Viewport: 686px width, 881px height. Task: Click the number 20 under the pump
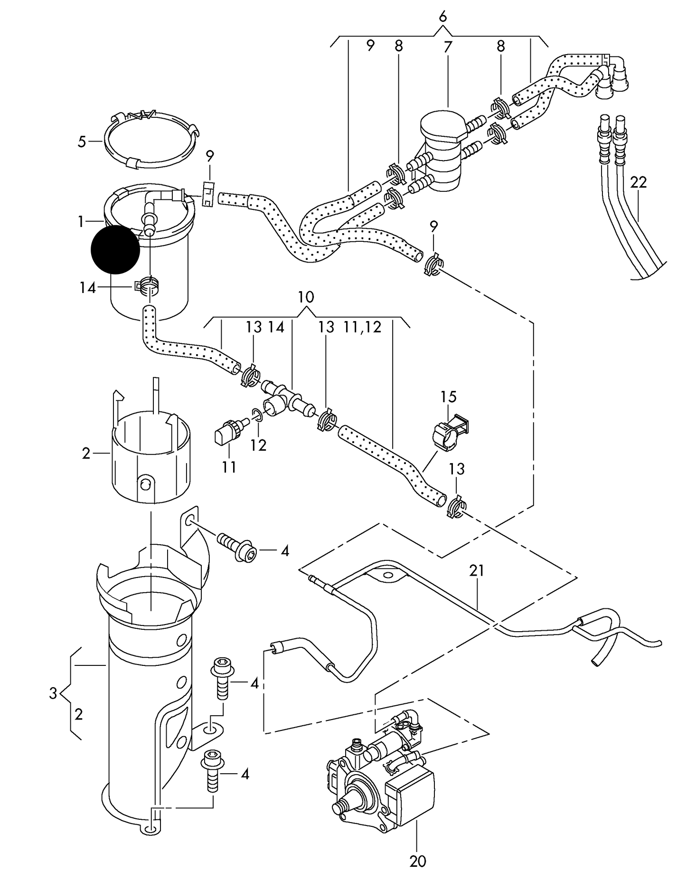pyautogui.click(x=418, y=861)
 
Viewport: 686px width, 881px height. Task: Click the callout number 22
pyautogui.click(x=639, y=182)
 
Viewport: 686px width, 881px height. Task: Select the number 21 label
pyautogui.click(x=477, y=570)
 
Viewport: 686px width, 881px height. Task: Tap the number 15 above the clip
pyautogui.click(x=448, y=396)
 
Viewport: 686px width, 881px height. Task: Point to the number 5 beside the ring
pyautogui.click(x=82, y=142)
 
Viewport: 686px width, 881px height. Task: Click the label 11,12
pyautogui.click(x=363, y=327)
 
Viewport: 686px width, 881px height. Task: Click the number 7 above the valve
pyautogui.click(x=448, y=47)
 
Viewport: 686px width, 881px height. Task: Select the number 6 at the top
pyautogui.click(x=442, y=17)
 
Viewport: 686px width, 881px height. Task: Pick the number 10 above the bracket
pyautogui.click(x=306, y=297)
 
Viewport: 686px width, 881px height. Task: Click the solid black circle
pyautogui.click(x=115, y=250)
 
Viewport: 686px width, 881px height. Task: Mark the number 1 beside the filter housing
pyautogui.click(x=81, y=221)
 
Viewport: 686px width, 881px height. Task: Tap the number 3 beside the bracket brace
pyautogui.click(x=53, y=693)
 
